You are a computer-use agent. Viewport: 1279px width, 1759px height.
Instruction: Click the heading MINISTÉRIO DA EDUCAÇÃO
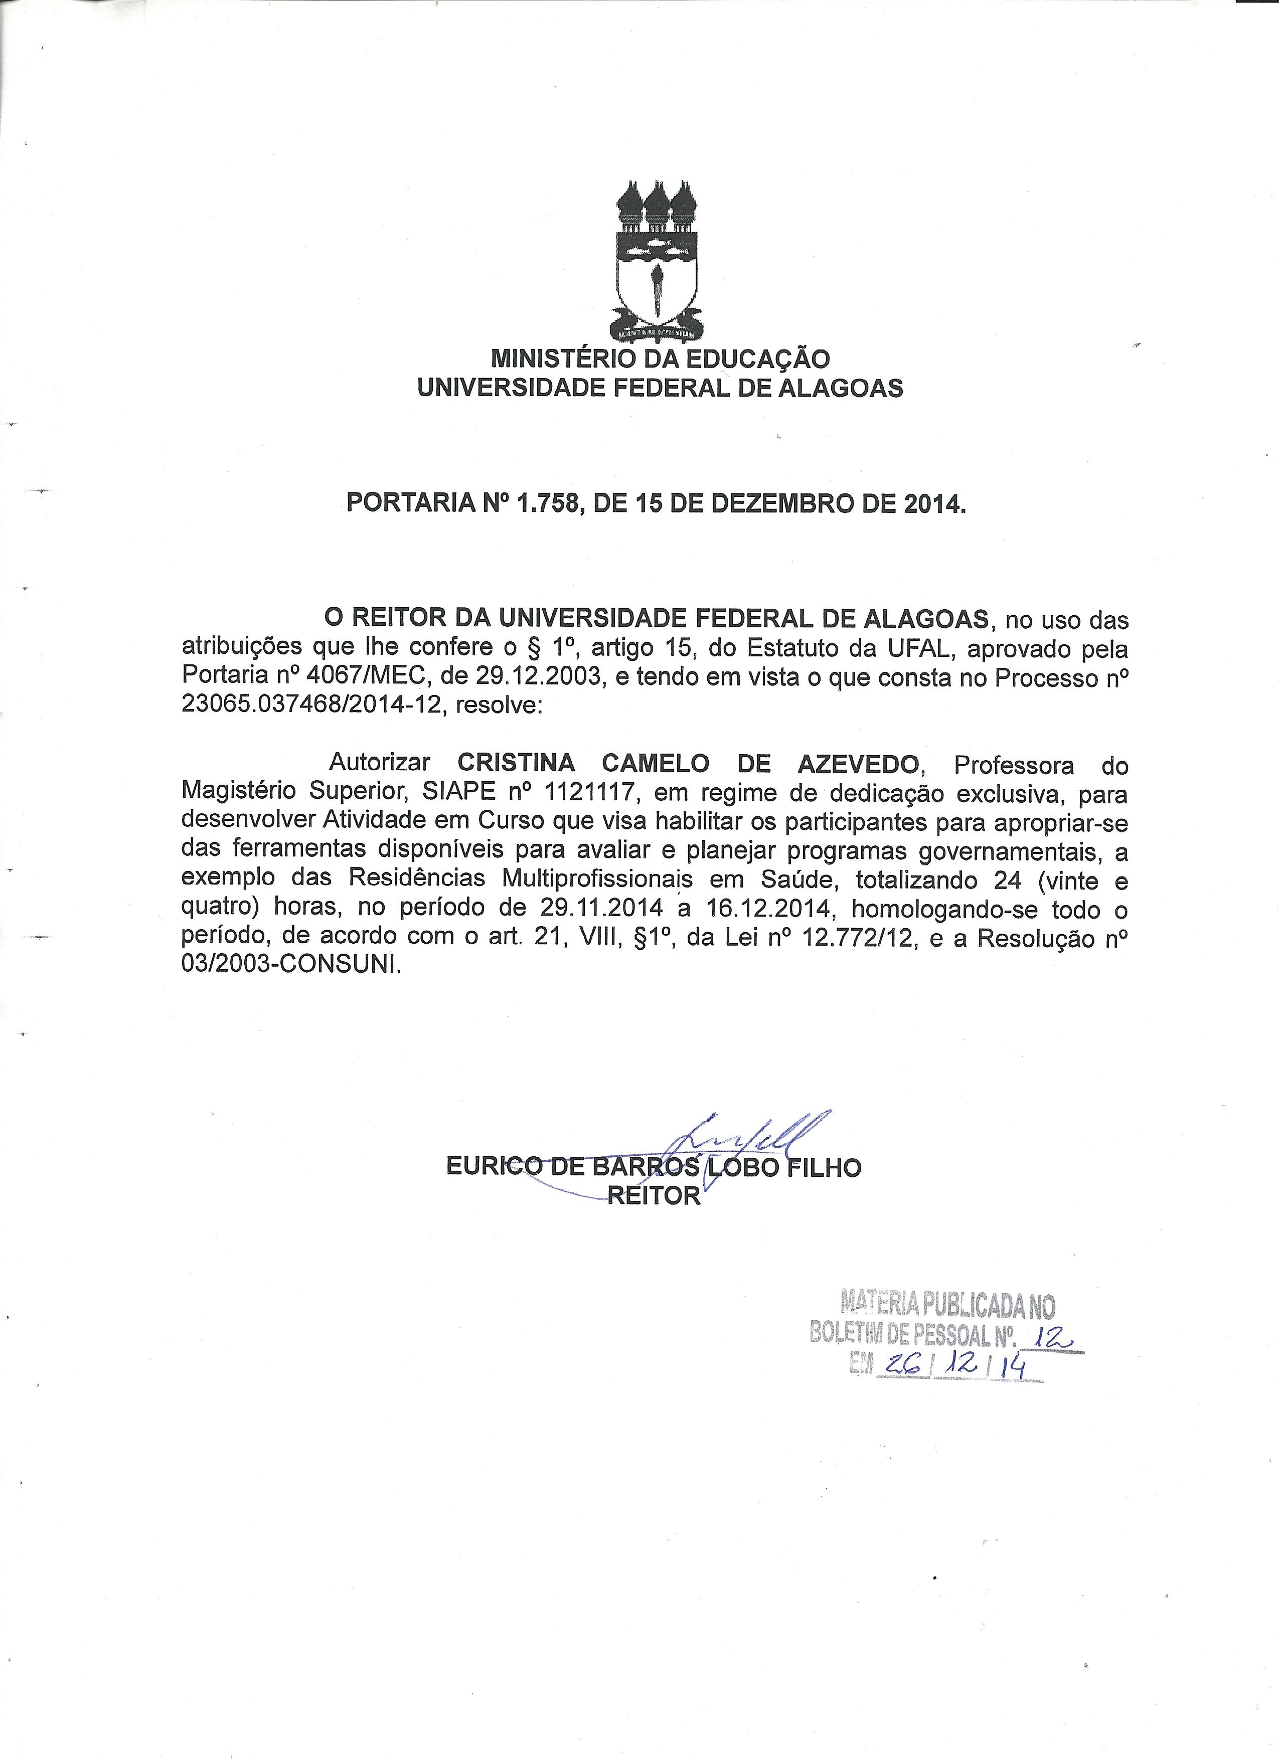click(660, 359)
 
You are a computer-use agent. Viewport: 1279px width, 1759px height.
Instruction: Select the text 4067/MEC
click(369, 677)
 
